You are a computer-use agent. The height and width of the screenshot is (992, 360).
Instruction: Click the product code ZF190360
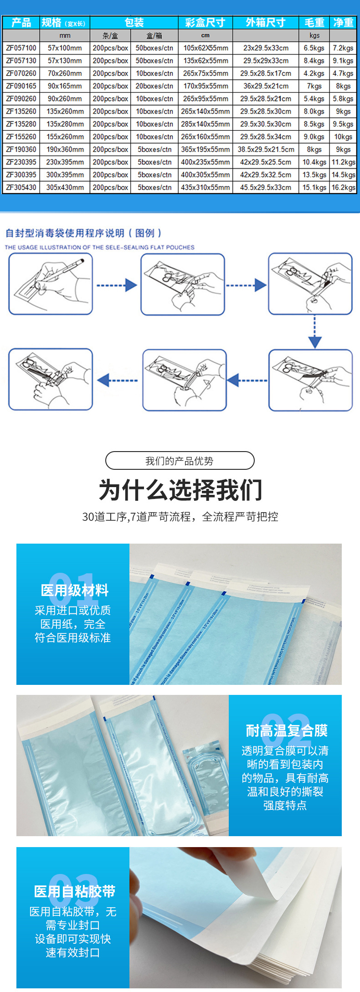point(21,149)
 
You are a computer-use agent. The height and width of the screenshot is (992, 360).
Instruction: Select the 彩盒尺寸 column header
point(205,22)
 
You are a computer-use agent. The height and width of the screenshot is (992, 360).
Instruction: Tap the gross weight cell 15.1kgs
point(314,187)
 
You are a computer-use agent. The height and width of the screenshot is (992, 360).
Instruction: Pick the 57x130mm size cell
point(65,61)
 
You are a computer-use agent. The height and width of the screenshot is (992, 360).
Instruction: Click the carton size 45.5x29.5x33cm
point(266,187)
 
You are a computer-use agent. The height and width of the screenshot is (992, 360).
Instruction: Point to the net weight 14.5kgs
point(343,175)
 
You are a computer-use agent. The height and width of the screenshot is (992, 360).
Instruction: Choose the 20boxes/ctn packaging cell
point(154,86)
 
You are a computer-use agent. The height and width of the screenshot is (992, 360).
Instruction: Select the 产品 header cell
point(21,22)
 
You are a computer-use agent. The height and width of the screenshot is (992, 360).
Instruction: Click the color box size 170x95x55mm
point(205,86)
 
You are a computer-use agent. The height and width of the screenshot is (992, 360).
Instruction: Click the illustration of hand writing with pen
point(51,284)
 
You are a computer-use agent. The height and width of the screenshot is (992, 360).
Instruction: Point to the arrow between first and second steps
point(117,285)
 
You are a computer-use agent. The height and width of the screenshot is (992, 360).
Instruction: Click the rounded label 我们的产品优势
point(180,461)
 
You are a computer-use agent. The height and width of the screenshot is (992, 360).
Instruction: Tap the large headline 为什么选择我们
point(180,490)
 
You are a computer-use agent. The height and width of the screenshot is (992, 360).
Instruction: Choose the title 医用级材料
point(75,591)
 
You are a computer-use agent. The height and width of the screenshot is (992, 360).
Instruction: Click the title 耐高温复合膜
point(287,731)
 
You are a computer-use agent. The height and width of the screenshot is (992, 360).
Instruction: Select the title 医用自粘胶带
point(75,891)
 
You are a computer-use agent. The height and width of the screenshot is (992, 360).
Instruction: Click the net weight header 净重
point(343,22)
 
